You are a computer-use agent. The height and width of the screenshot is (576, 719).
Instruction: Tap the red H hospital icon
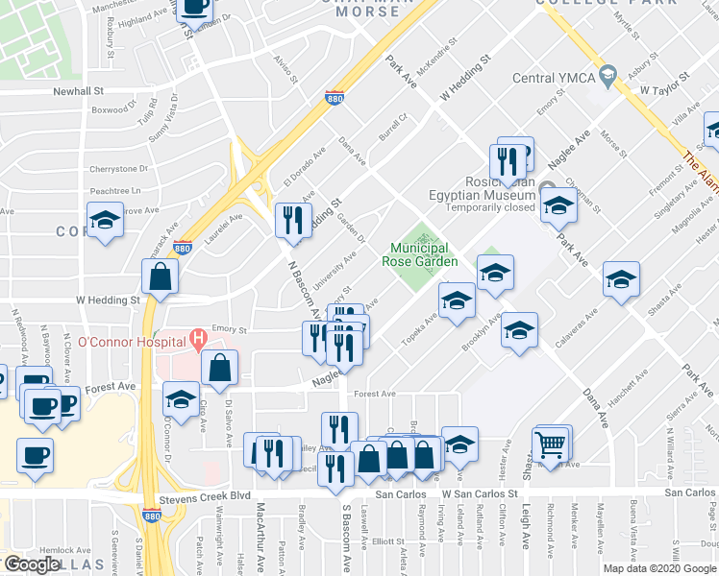(197, 338)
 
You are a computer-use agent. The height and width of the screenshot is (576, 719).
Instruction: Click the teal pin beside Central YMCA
(607, 75)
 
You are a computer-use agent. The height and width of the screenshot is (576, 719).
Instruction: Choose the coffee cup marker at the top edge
(195, 8)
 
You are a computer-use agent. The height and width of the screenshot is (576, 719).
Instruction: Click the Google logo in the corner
(32, 564)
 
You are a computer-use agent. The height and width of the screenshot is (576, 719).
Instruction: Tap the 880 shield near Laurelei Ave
(184, 247)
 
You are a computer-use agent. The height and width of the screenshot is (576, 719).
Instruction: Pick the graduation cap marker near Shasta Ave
(621, 280)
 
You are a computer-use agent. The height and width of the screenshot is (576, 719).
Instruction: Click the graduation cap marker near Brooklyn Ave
(519, 331)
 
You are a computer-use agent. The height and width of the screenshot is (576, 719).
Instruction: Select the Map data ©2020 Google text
(658, 568)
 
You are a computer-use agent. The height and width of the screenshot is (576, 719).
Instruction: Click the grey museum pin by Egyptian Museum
(547, 187)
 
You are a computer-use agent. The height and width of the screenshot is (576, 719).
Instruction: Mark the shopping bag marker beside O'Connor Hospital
(220, 367)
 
